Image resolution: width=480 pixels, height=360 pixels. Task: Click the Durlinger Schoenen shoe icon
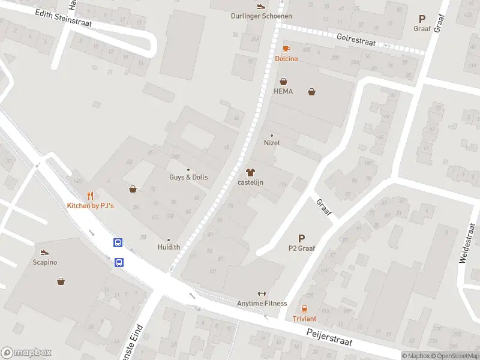[x=260, y=7]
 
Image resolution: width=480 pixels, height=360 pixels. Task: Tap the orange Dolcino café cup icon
[x=286, y=49]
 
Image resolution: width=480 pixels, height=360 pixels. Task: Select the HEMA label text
[x=283, y=91]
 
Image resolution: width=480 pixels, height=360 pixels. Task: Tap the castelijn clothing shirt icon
[x=250, y=172]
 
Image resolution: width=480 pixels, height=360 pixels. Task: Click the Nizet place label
[x=272, y=143]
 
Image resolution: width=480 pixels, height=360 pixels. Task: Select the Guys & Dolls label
[x=188, y=178]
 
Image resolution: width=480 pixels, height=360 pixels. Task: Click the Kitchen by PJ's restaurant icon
[x=90, y=196]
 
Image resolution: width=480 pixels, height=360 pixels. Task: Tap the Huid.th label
[x=169, y=247]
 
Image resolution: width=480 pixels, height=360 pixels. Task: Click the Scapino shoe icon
[x=44, y=253]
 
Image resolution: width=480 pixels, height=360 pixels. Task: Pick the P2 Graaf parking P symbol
[x=301, y=238]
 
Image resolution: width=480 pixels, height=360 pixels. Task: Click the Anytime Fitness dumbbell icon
[x=262, y=293]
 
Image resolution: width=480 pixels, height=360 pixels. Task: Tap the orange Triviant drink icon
[x=304, y=309]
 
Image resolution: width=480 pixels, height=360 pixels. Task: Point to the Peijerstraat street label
[x=329, y=340]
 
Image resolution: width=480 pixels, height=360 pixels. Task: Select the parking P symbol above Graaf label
[x=422, y=19]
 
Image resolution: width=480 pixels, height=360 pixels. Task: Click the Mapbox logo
[x=26, y=353]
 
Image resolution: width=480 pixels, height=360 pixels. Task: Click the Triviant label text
[x=304, y=319]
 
